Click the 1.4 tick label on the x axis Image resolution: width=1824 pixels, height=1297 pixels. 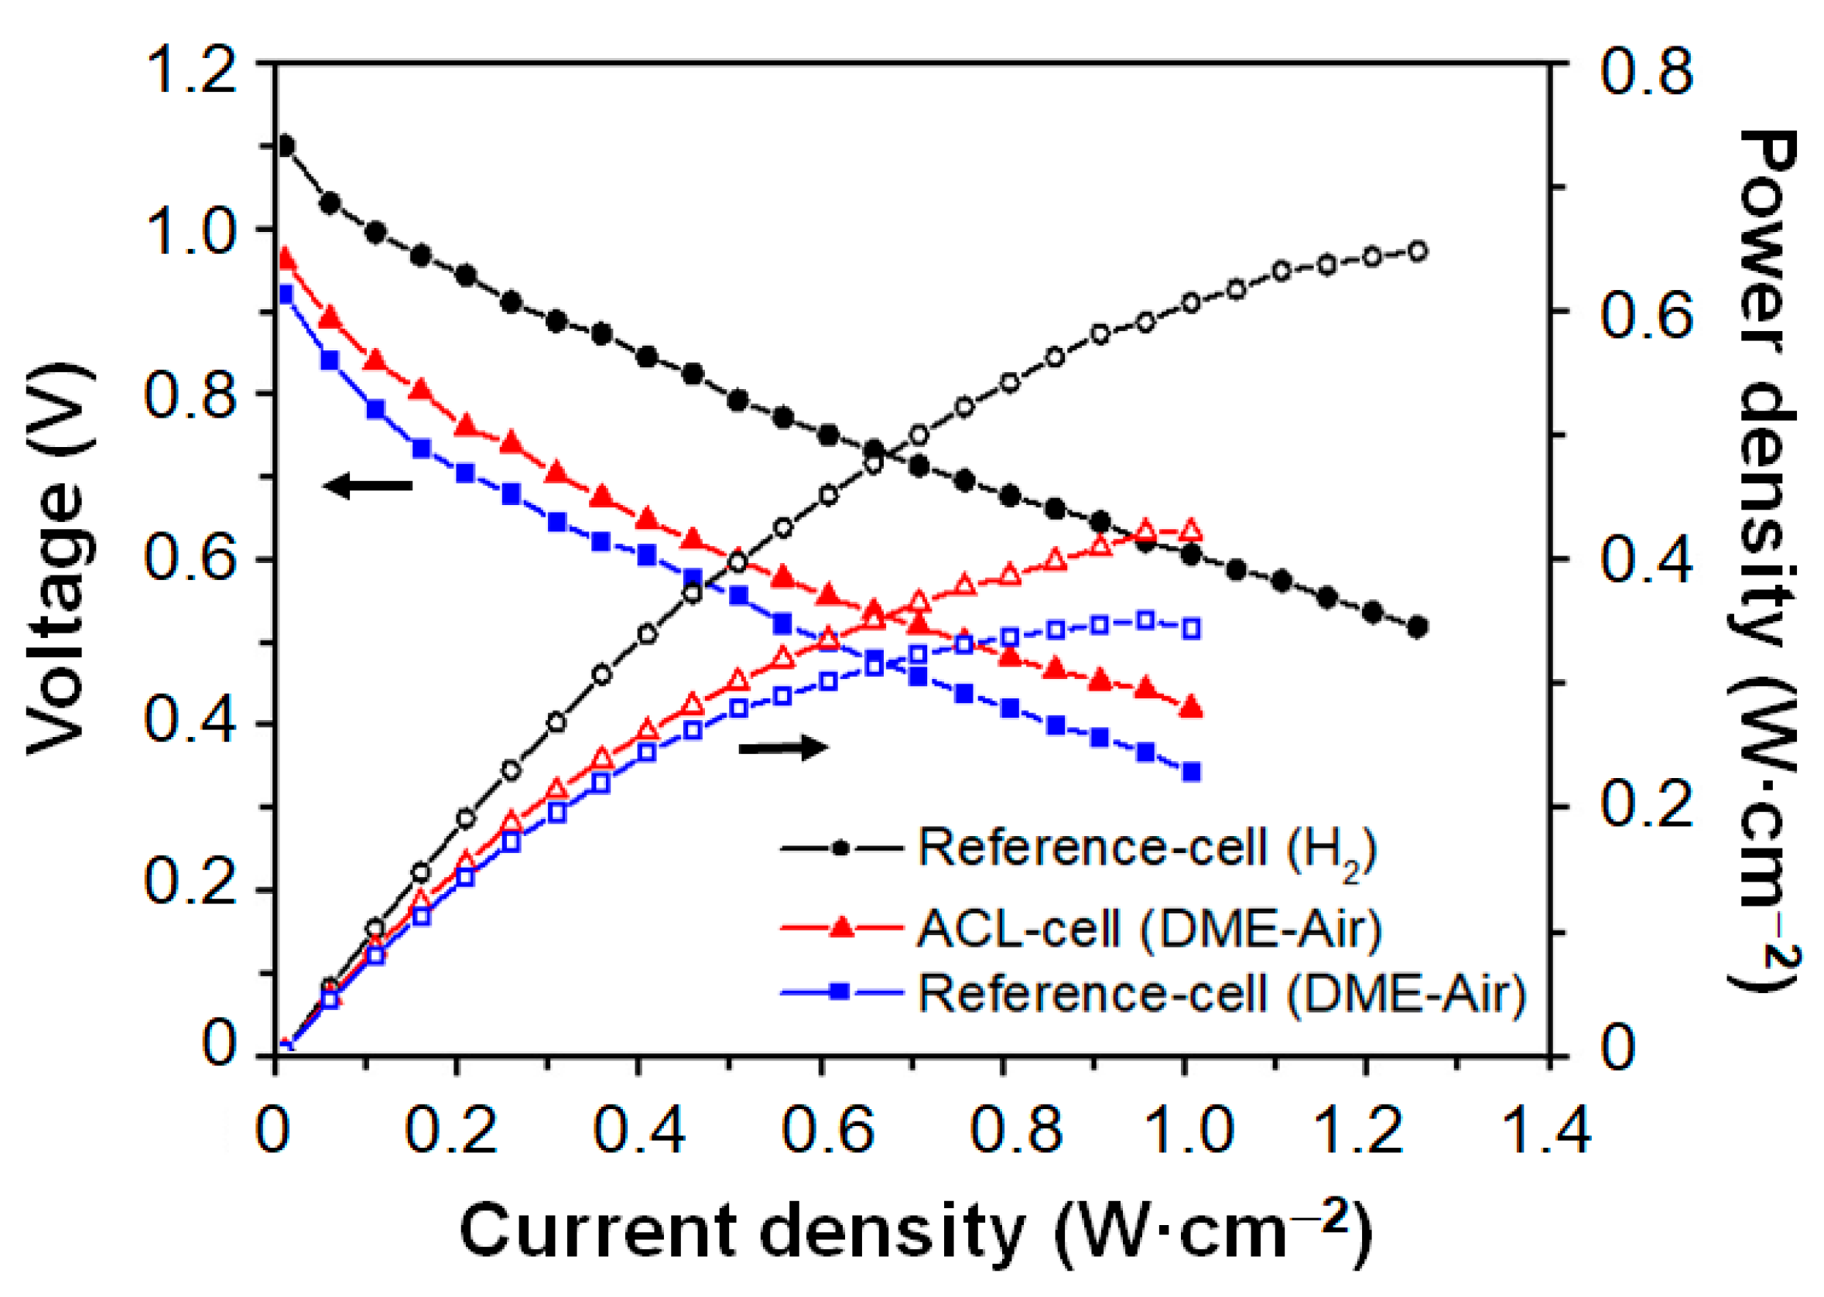click(x=1547, y=1131)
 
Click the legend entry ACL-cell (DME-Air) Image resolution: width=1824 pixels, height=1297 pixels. click(x=1079, y=929)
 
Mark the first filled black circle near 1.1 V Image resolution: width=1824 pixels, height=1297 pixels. click(x=286, y=146)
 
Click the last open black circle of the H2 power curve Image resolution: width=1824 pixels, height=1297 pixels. click(x=1418, y=251)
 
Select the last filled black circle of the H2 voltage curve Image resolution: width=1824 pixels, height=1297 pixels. click(x=1418, y=628)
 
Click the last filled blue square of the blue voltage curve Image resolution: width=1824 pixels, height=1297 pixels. click(x=1191, y=773)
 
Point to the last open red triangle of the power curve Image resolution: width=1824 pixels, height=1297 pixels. click(x=1191, y=531)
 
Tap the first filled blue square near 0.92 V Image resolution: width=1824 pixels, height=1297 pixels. click(x=286, y=295)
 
